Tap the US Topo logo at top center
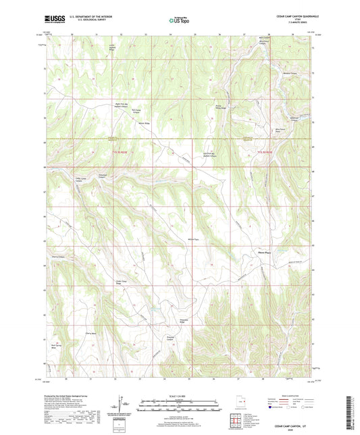(179, 21)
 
